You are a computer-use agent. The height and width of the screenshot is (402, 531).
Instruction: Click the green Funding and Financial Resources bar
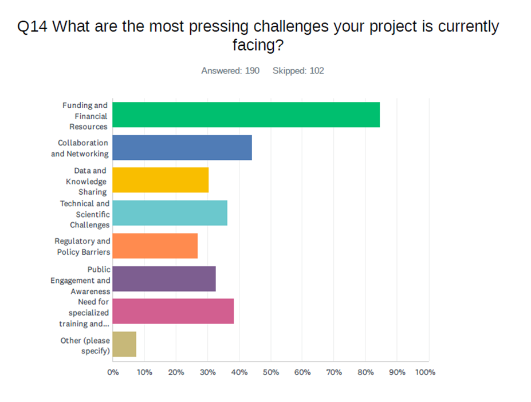pos(246,115)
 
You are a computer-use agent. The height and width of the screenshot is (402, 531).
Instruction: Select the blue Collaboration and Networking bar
pos(182,147)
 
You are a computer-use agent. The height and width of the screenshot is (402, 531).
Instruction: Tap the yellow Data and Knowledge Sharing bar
pos(160,180)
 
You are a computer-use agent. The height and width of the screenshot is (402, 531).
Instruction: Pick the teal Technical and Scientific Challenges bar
pos(170,213)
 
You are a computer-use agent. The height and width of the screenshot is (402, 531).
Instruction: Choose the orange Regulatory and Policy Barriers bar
pos(155,246)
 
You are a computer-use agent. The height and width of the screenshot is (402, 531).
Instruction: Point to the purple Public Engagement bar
pos(164,278)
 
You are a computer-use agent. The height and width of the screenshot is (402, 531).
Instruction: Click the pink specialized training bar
pos(173,311)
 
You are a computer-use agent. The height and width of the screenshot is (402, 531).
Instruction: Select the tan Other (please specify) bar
pos(124,344)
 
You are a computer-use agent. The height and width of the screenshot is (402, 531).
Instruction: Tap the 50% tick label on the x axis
pos(271,372)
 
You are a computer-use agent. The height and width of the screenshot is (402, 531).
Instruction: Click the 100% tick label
pos(425,372)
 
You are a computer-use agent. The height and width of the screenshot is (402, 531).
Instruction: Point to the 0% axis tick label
pos(113,372)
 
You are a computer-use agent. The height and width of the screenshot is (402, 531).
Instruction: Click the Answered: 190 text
pos(230,70)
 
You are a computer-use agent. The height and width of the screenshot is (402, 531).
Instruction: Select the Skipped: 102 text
pos(298,70)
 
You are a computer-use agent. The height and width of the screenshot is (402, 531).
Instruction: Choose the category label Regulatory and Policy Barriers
pos(82,246)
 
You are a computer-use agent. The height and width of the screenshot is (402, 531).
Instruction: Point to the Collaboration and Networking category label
pos(80,148)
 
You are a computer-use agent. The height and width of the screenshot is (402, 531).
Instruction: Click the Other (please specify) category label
pos(85,345)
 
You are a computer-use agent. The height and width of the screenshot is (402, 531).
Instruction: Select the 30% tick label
pos(208,372)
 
